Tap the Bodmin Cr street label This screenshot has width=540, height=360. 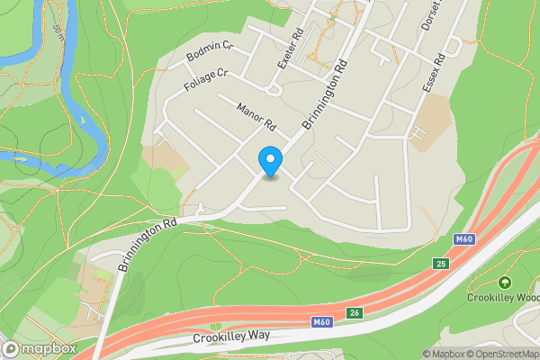pyautogui.click(x=210, y=52)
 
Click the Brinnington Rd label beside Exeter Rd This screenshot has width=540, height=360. pyautogui.click(x=325, y=94)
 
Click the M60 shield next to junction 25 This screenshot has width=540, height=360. pyautogui.click(x=463, y=239)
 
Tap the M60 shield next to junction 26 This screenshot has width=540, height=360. pyautogui.click(x=323, y=322)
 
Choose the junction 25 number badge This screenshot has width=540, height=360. pyautogui.click(x=440, y=264)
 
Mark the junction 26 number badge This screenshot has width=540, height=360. pyautogui.click(x=355, y=313)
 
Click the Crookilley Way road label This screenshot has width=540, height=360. pyautogui.click(x=232, y=338)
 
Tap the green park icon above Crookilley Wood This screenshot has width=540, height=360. pyautogui.click(x=504, y=283)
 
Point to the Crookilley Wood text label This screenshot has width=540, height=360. pyautogui.click(x=503, y=298)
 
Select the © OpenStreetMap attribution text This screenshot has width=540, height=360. pyautogui.click(x=502, y=354)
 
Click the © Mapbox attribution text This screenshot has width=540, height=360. pyautogui.click(x=444, y=354)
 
